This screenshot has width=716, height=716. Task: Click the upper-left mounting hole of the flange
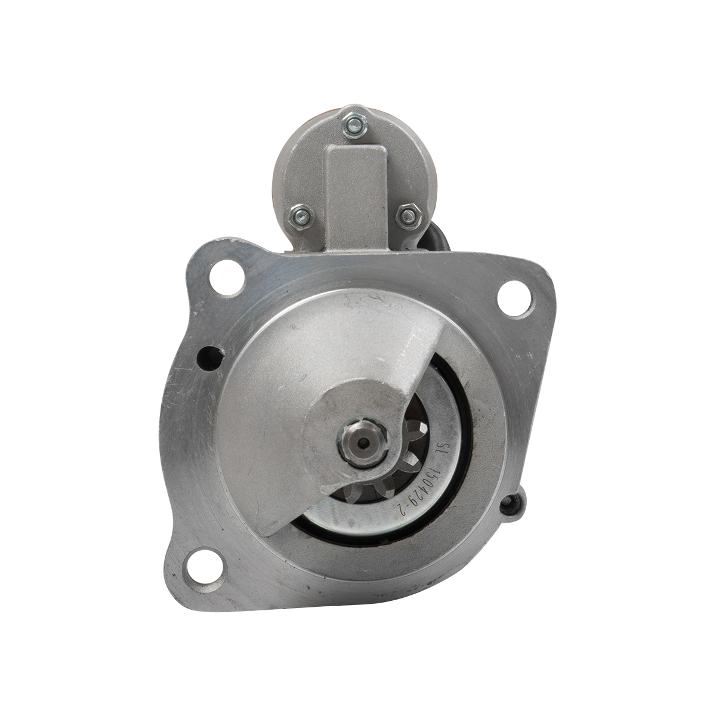(227, 276)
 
